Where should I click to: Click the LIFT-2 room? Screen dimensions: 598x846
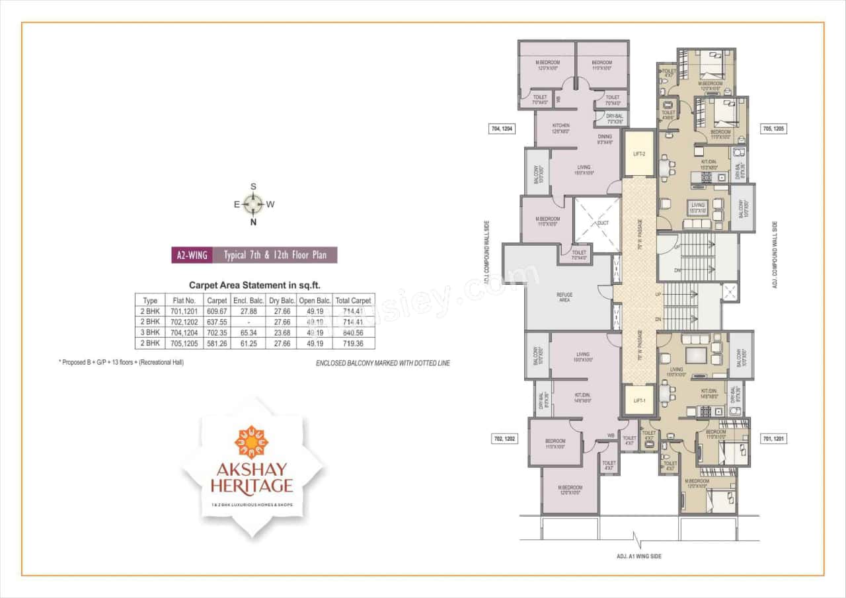pos(639,153)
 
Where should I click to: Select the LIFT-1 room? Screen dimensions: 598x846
pos(639,400)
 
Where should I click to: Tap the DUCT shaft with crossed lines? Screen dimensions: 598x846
pos(597,223)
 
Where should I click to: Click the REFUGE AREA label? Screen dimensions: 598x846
pos(564,297)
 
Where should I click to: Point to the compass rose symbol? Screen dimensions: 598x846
pos(252,204)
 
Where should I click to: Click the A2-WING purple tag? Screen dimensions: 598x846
pos(192,255)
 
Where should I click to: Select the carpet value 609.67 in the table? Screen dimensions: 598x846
pos(217,311)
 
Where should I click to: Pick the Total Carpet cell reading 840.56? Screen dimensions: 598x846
pos(354,332)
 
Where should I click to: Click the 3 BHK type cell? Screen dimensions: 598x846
pos(150,332)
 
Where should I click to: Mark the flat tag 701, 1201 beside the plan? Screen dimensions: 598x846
pos(773,438)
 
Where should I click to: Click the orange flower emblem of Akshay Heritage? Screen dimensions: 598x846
pos(251,442)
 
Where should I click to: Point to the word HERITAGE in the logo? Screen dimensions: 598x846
pos(252,486)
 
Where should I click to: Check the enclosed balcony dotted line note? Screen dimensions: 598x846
pos(383,363)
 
